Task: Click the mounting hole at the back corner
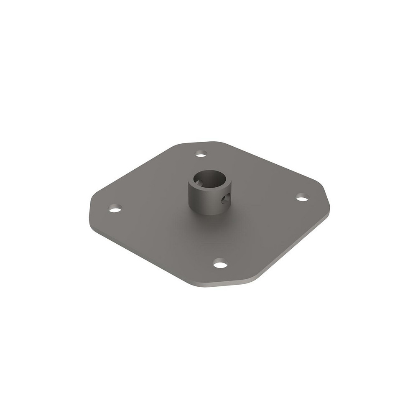[201, 154]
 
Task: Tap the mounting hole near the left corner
[115, 208]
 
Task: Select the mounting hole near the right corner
[302, 197]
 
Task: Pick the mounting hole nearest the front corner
[220, 264]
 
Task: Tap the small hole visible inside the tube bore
[200, 183]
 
